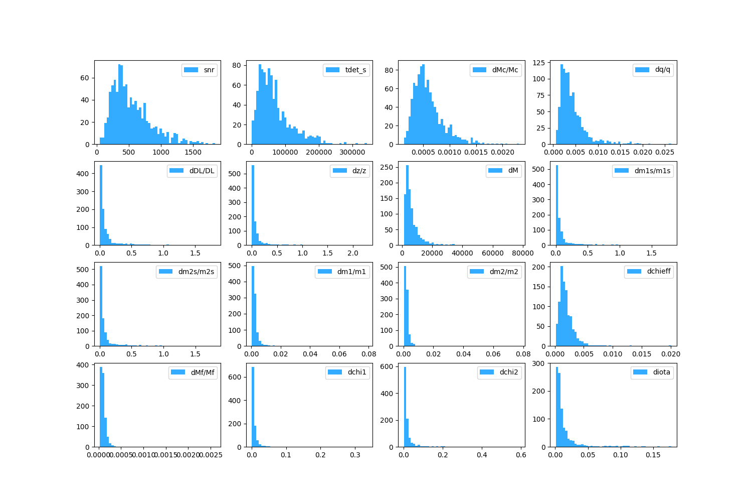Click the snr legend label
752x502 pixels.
[209, 70]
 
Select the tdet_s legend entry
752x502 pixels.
[355, 70]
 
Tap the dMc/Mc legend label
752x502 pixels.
[505, 70]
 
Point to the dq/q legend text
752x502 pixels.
[662, 70]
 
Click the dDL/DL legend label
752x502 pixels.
[202, 171]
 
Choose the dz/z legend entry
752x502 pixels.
[359, 171]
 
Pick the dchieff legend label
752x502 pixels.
[658, 272]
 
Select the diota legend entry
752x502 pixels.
[661, 372]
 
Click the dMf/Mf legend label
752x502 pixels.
[203, 372]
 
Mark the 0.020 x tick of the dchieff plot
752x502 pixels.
[671, 354]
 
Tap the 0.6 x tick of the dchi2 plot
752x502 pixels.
[521, 455]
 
